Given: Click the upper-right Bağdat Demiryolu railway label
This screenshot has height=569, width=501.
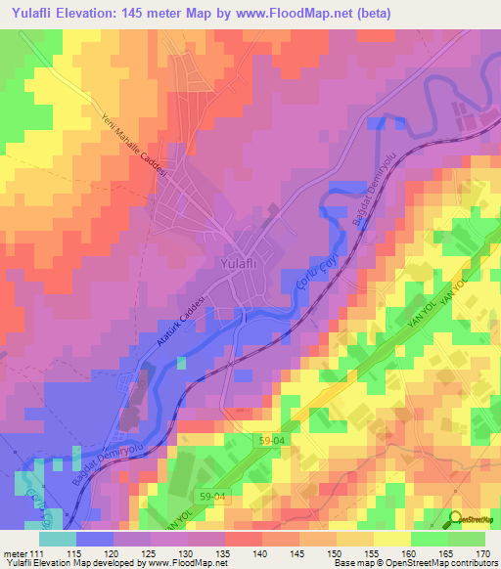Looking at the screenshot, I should pos(363,197).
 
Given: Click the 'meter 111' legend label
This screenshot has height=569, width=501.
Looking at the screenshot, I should pos(23,553).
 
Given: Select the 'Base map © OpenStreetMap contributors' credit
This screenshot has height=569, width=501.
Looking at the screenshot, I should pos(415,564).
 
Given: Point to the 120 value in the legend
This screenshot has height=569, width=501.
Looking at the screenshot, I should pos(114,553).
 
